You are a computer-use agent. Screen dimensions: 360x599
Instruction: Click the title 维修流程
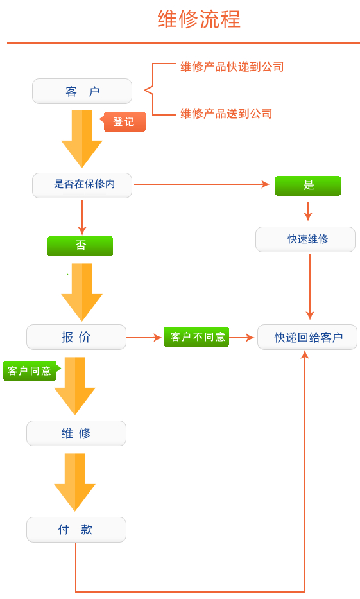[199, 19]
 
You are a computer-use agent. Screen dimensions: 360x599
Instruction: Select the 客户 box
[82, 91]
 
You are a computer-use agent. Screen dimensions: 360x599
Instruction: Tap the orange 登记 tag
[123, 122]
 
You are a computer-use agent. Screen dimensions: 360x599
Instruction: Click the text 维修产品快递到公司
[232, 67]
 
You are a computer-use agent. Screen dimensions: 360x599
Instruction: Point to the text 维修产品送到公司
[227, 114]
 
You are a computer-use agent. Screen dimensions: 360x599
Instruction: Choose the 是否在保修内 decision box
[82, 186]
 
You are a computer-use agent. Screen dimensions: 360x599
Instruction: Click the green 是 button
[308, 186]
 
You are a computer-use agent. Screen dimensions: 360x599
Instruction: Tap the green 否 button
[80, 246]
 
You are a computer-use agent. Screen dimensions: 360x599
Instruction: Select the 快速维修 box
[305, 239]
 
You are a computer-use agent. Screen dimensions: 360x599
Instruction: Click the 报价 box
[76, 337]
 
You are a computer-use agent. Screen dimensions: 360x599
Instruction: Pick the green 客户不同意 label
[196, 337]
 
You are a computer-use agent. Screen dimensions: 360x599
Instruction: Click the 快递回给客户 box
[307, 337]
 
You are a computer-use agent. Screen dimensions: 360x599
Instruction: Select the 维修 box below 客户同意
[76, 433]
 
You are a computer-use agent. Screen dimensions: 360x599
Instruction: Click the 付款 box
[76, 530]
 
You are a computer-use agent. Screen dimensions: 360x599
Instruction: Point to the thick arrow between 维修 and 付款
[75, 482]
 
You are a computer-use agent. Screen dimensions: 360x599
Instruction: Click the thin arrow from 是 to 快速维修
[308, 211]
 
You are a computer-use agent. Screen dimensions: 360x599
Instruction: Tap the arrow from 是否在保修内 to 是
[202, 184]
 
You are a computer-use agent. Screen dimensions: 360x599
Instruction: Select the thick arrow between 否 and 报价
[81, 292]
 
